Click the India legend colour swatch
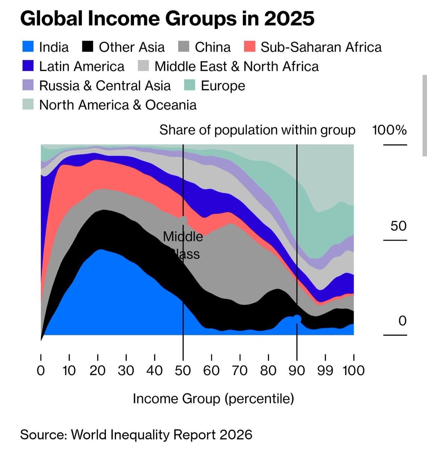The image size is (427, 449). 28,47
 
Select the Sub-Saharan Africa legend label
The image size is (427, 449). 321,47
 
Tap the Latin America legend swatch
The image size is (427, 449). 28,66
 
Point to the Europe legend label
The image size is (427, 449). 223,86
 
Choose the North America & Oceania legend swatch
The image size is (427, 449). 28,104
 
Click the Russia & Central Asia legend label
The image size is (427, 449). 105,86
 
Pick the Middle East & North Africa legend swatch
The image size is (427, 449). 143,66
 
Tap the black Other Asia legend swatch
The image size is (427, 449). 88,47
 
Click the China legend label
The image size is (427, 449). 213,47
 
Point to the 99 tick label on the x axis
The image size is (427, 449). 325,370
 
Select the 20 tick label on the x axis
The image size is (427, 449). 98,370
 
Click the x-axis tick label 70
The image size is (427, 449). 240,370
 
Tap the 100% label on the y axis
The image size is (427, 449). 389,130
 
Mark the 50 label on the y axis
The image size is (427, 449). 399,226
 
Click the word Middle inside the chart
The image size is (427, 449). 183,236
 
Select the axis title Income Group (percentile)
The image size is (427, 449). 213,399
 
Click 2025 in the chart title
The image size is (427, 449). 289,18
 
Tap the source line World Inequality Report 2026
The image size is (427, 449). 162,435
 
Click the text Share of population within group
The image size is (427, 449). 257,130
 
